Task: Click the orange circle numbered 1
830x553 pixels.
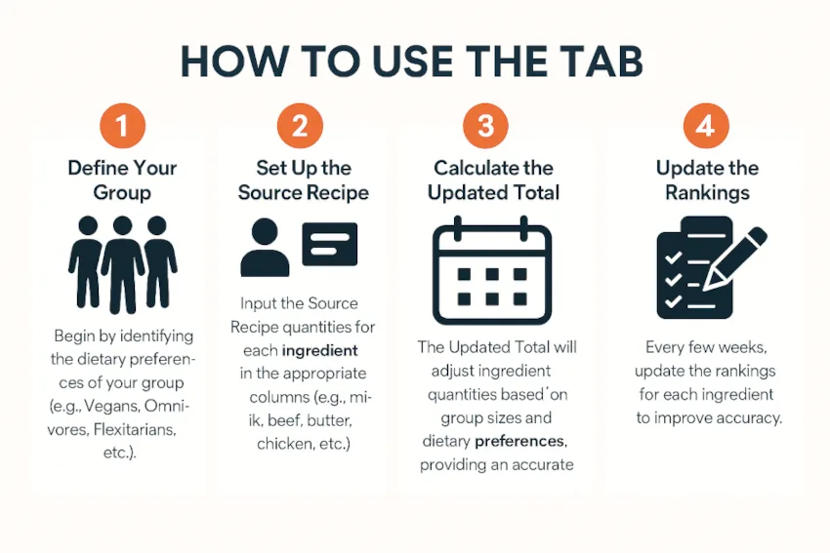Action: (122, 126)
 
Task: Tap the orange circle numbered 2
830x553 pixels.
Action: (300, 126)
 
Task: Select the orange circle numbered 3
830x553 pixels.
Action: (485, 126)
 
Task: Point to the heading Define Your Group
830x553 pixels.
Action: (122, 180)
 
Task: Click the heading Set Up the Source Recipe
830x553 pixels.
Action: (303, 180)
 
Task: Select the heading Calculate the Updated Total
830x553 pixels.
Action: (493, 180)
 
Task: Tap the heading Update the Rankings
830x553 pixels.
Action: (707, 180)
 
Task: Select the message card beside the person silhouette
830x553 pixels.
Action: (329, 244)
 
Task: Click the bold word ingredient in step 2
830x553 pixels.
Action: (319, 350)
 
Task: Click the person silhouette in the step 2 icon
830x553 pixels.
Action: (265, 248)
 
